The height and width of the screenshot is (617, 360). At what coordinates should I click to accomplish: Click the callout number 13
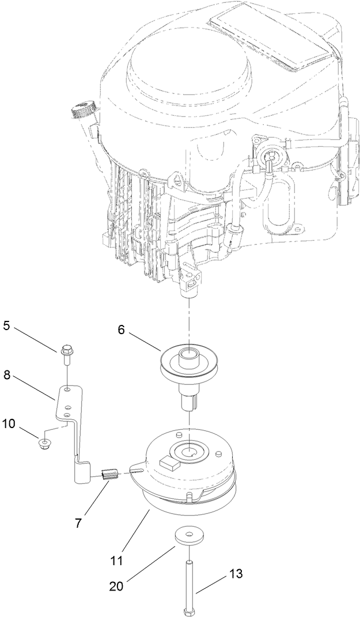tap(236, 574)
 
